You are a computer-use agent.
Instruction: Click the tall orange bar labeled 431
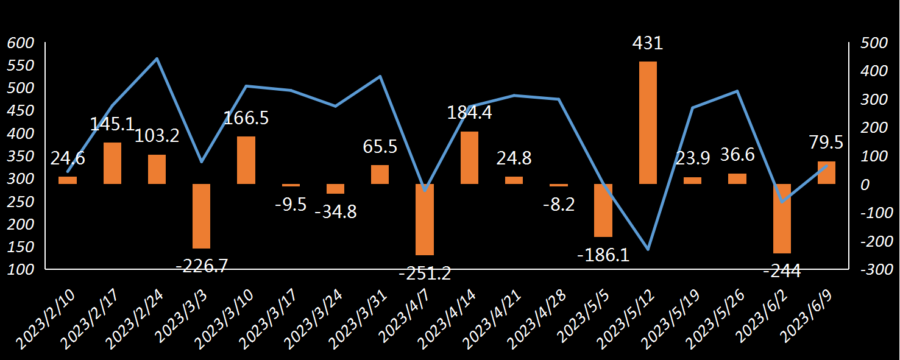[x=648, y=122]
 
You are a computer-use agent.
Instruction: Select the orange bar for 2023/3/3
[x=201, y=216]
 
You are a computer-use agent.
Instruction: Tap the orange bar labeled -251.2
[x=425, y=219]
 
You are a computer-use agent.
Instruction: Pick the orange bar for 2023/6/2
[x=782, y=218]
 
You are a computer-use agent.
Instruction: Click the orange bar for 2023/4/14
[x=469, y=158]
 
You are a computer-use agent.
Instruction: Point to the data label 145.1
[x=112, y=124]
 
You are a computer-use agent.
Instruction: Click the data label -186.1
[x=603, y=255]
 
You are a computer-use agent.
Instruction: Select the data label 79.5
[x=826, y=143]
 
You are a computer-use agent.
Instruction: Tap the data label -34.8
[x=336, y=212]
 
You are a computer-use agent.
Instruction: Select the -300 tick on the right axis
[x=875, y=269]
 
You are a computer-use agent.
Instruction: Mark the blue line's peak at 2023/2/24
[x=157, y=58]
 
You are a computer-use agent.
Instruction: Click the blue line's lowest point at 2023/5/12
[x=648, y=250]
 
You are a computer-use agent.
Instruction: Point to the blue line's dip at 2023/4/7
[x=425, y=190]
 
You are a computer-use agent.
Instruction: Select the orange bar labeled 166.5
[x=246, y=160]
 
